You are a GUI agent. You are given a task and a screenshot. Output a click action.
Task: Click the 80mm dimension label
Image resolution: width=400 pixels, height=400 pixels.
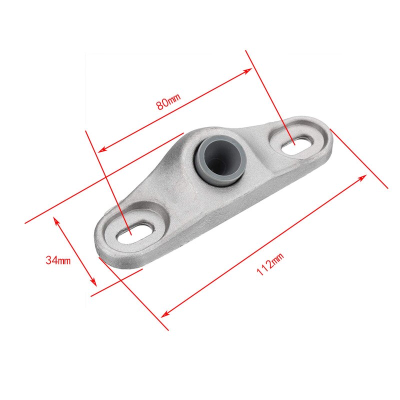(x=168, y=101)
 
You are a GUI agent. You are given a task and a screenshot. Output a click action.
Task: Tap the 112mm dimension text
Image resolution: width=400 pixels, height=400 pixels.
(x=270, y=264)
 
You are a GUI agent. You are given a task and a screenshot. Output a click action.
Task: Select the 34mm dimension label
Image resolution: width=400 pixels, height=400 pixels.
(x=58, y=260)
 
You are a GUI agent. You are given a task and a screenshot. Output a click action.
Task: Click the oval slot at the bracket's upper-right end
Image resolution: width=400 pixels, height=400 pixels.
(x=297, y=144)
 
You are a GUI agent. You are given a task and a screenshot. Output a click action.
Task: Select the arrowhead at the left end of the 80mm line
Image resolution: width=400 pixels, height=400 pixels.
(x=102, y=149)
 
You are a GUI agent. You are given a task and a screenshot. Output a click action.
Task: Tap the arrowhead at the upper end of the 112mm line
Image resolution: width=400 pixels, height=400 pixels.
(x=363, y=177)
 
